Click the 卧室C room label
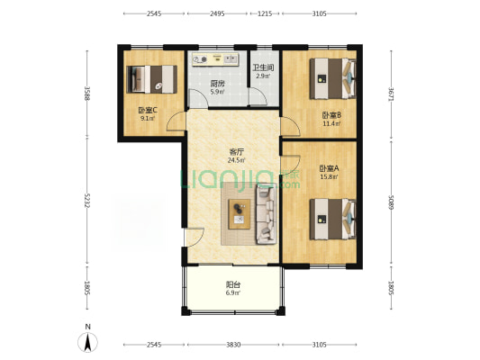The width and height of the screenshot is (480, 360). tap(148, 110)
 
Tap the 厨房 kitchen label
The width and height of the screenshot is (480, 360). tap(217, 84)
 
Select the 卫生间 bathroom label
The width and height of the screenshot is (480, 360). tap(263, 67)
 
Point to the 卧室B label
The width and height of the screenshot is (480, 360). tap(331, 115)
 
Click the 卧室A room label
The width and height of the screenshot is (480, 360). tap(329, 168)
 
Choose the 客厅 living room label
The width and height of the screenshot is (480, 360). tap(236, 152)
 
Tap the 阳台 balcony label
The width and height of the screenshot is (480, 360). tap(233, 284)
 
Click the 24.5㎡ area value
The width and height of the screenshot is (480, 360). tap(236, 160)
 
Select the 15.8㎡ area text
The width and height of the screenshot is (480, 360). tap(329, 176)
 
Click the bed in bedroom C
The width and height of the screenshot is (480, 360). tap(152, 79)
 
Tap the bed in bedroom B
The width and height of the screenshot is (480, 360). tap(332, 78)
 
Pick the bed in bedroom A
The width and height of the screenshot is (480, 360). tap(332, 219)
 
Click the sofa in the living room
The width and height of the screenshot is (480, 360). tap(266, 216)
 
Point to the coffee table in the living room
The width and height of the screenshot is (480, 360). tap(240, 214)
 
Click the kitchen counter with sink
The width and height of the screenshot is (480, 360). tap(215, 59)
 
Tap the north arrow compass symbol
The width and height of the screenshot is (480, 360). tap(88, 342)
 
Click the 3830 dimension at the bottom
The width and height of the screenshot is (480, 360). tap(233, 345)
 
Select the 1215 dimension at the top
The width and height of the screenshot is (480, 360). tap(265, 13)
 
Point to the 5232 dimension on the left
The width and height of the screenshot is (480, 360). tap(87, 201)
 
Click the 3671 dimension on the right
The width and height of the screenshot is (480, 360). tap(391, 94)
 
